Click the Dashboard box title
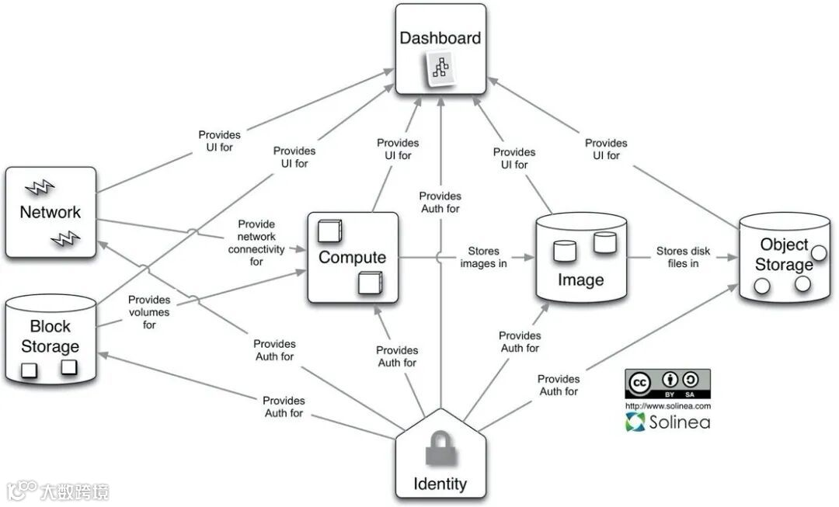pos(440,37)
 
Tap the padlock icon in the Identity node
pos(440,451)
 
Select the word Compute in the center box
pos(352,258)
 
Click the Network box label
pos(50,212)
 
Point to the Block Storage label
pos(50,336)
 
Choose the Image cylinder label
pos(580,280)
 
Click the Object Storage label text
pos(783,255)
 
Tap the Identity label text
pos(440,484)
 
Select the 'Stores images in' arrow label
pos(484,258)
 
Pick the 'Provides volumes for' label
pos(149,312)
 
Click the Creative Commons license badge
pos(667,384)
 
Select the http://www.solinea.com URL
pos(667,406)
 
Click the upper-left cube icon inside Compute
pos(329,231)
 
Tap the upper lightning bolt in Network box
pos(39,187)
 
